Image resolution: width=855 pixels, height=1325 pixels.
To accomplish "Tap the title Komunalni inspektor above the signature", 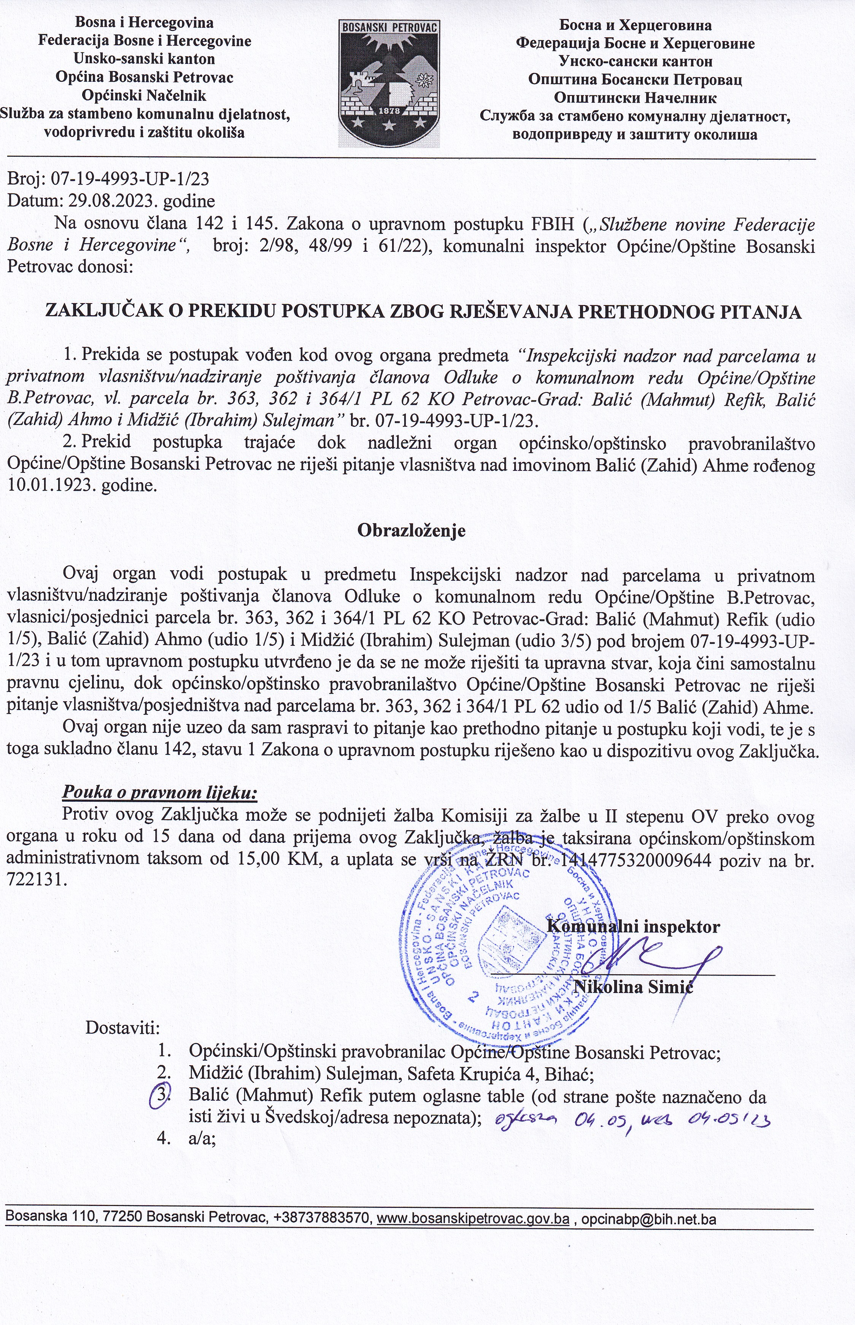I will point(634,926).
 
